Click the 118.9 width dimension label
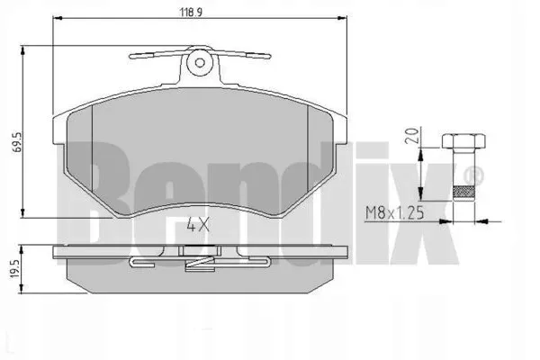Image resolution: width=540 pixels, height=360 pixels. [191, 12]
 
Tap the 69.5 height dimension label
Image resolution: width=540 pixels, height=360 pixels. [18, 141]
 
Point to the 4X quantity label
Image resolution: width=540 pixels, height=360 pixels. [198, 225]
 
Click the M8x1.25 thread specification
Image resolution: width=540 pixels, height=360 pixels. [394, 213]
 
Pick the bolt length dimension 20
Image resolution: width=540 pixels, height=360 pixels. [411, 136]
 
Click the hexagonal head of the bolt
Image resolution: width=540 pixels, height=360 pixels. [463, 142]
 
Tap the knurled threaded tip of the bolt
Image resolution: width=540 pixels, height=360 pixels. [463, 193]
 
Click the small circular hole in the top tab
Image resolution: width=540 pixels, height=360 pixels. [200, 63]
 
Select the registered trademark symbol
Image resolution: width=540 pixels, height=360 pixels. [474, 175]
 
